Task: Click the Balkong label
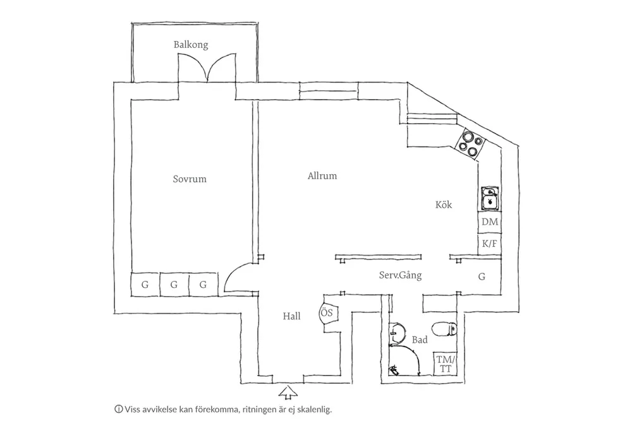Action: pos(191,45)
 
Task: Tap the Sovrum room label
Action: pos(190,179)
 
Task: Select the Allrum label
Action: pos(322,176)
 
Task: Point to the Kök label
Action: pos(444,205)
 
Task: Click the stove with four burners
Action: pos(470,142)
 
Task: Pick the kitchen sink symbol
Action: pos(490,198)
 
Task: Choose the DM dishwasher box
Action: pos(490,222)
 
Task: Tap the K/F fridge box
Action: pos(490,243)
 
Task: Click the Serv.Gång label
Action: pos(400,276)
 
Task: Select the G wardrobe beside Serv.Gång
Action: pos(482,276)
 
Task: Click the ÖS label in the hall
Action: pos(327,312)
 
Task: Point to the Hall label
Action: pos(292,317)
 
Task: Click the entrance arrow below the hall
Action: pos(288,393)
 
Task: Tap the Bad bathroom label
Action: pos(419,340)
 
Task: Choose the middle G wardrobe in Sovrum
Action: pos(174,285)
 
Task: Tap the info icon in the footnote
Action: pos(118,408)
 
